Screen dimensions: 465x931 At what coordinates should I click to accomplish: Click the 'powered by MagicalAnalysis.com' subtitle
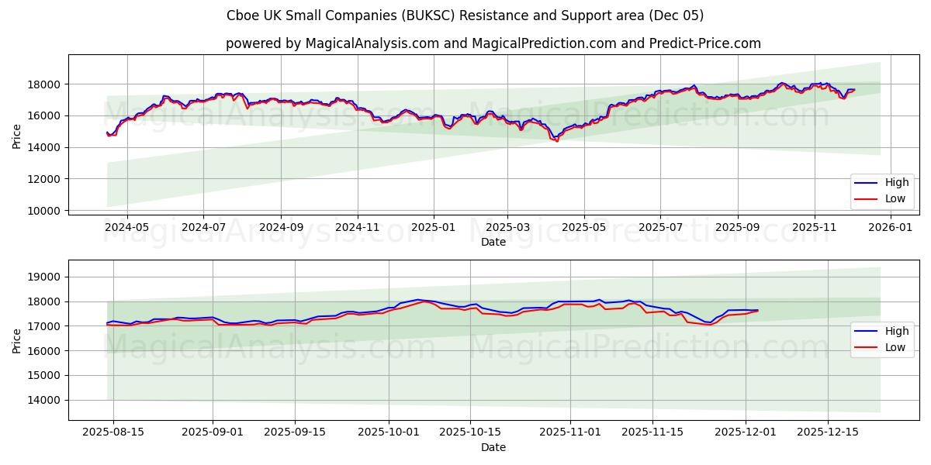(x=493, y=43)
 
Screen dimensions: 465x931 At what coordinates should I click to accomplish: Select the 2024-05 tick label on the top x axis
(x=126, y=228)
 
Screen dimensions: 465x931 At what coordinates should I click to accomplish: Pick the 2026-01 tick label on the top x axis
(x=890, y=228)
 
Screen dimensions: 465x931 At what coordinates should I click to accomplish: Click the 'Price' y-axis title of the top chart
(x=17, y=136)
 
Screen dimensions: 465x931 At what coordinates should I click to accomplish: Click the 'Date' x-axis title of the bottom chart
(x=493, y=447)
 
